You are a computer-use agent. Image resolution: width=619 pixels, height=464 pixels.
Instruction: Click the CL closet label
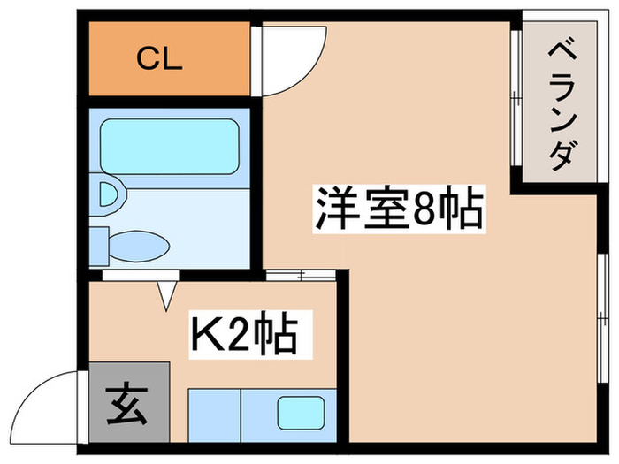pyautogui.click(x=159, y=59)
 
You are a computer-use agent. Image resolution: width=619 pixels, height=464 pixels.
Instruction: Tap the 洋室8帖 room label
pyautogui.click(x=399, y=209)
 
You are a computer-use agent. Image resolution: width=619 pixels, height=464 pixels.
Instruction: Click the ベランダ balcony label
pyautogui.click(x=561, y=105)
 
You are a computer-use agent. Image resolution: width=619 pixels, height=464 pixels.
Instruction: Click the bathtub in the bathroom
pyautogui.click(x=170, y=147)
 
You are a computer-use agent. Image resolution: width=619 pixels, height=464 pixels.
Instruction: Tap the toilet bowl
pyautogui.click(x=139, y=247)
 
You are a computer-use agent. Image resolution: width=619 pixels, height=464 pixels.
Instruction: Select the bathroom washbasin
pyautogui.click(x=107, y=194)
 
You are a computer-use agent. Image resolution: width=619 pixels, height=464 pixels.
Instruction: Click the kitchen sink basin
pyautogui.click(x=301, y=413)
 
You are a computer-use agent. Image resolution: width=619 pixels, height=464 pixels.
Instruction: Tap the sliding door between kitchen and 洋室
pyautogui.click(x=301, y=275)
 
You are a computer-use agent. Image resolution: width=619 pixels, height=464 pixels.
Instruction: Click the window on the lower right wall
pyautogui.click(x=602, y=318)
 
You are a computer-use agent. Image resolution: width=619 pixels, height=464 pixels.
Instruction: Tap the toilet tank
pyautogui.click(x=99, y=247)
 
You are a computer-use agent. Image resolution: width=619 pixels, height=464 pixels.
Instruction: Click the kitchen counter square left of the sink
pyautogui.click(x=215, y=415)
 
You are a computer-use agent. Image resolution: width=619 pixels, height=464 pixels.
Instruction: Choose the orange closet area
pyautogui.click(x=170, y=58)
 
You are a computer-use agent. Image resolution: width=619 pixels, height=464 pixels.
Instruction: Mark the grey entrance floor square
pyautogui.click(x=129, y=402)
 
